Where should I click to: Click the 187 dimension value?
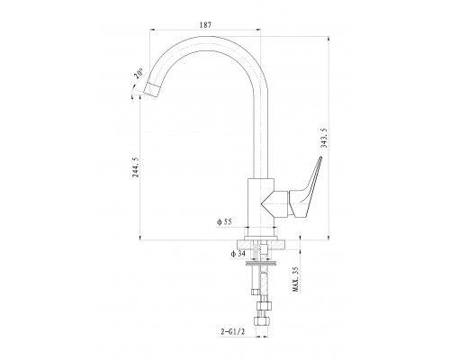coord(205,25)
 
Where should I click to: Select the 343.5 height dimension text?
coord(324,138)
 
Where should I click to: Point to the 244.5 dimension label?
coord(136,167)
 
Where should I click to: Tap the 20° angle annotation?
coord(139,74)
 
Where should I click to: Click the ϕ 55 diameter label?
coord(224,222)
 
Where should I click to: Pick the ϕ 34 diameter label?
coord(238,254)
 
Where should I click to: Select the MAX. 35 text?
coord(295,279)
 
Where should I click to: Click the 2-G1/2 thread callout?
coord(233,332)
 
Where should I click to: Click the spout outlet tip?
coord(152,90)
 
